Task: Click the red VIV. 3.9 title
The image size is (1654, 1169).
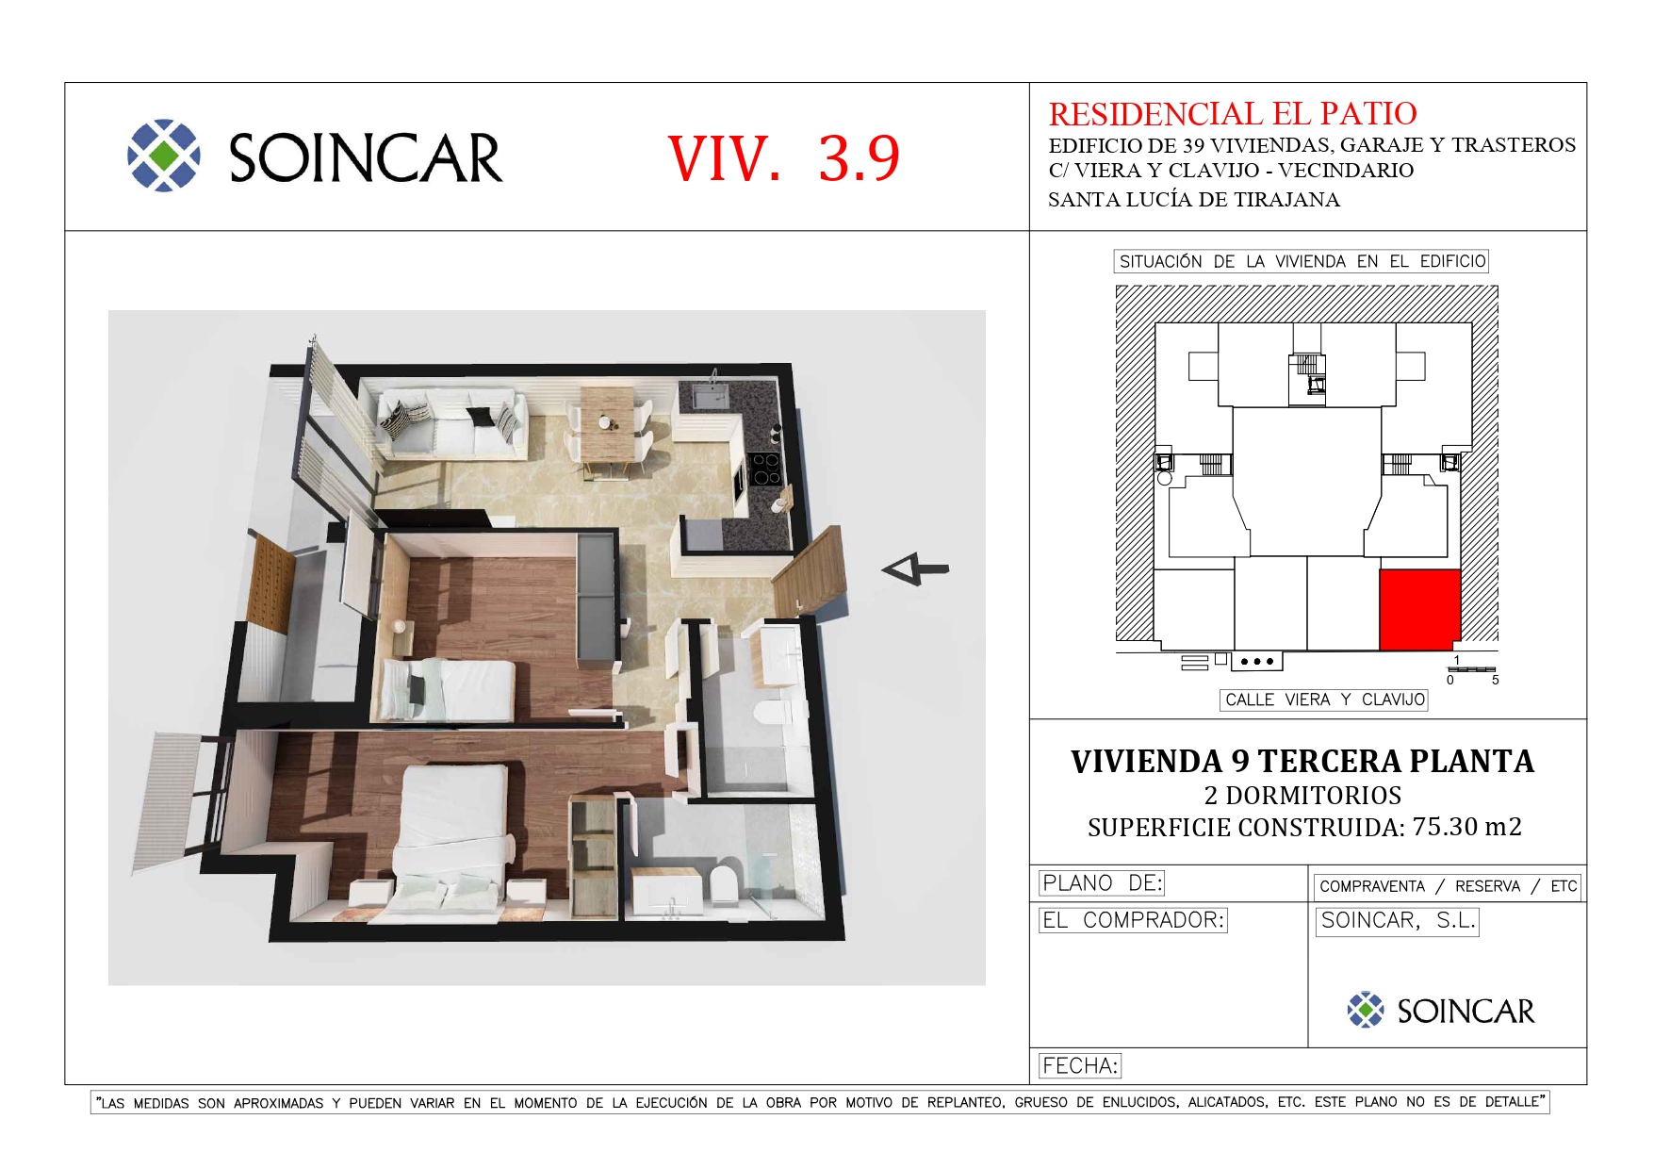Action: [x=783, y=157]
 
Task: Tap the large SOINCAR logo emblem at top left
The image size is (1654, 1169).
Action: [x=164, y=156]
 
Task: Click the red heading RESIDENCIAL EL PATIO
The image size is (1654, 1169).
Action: [x=1233, y=114]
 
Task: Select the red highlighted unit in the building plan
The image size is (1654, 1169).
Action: [x=1420, y=609]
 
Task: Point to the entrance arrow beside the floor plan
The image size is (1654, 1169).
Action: [x=914, y=568]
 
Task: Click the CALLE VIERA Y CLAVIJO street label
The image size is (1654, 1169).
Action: [x=1324, y=700]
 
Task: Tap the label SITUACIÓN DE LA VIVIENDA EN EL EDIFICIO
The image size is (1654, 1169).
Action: [x=1302, y=261]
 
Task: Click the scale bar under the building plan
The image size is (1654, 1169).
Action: [x=1472, y=669]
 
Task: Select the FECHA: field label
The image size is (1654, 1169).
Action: [x=1080, y=1066]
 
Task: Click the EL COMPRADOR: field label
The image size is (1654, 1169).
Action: [x=1133, y=920]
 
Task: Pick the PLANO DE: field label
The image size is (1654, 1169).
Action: [x=1102, y=883]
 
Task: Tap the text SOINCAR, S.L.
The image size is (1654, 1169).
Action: [x=1398, y=921]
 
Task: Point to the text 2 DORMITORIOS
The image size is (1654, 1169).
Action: [x=1302, y=795]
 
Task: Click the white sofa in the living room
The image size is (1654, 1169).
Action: [x=451, y=423]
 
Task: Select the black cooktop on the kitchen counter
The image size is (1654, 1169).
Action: [x=765, y=469]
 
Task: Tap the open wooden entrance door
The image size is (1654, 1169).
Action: [x=809, y=571]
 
